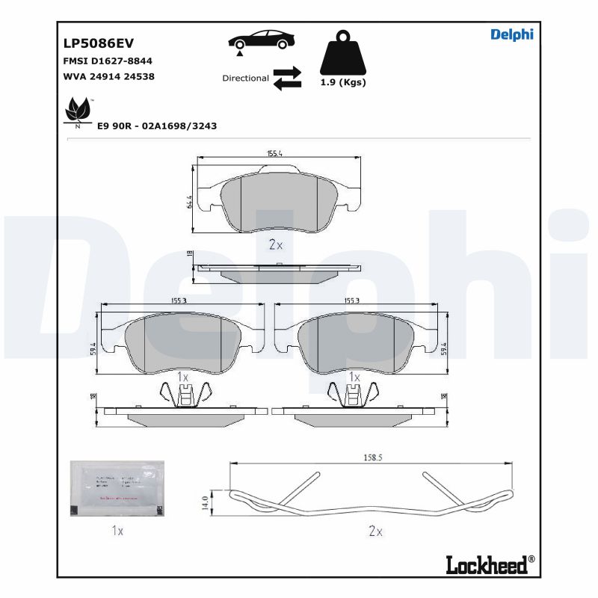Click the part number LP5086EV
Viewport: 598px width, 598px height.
point(99,43)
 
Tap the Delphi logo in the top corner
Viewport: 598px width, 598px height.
point(511,35)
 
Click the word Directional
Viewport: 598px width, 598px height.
point(245,78)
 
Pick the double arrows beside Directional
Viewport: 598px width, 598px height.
point(287,78)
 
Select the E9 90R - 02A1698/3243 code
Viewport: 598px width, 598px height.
point(157,126)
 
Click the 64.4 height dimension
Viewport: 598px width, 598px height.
point(190,202)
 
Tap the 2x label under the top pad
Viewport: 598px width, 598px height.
point(275,244)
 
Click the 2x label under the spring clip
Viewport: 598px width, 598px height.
point(375,531)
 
